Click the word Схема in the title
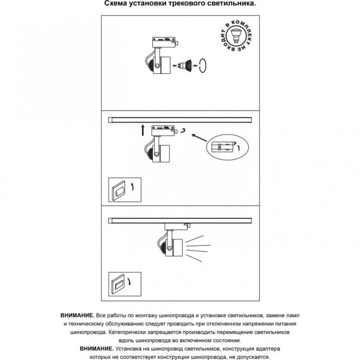(116, 3)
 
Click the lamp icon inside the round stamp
(236, 35)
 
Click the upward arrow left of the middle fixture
(143, 130)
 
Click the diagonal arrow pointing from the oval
(200, 138)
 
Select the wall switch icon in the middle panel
(124, 190)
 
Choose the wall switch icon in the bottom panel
(124, 284)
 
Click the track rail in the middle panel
(180, 119)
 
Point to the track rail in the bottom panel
(180, 220)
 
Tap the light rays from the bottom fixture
(198, 248)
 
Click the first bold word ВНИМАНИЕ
(78, 315)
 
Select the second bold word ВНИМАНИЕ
(97, 349)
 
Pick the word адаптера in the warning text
(268, 349)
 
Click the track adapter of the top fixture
(165, 42)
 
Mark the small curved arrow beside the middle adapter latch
(183, 131)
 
